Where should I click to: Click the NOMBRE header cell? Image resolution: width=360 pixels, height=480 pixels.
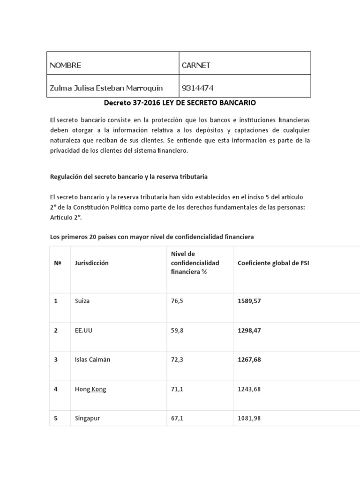66,65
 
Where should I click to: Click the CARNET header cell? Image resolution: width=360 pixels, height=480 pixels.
196,65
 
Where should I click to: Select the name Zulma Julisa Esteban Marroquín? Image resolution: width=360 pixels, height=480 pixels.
106,88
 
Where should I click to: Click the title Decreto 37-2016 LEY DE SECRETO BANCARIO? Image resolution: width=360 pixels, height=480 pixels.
180,102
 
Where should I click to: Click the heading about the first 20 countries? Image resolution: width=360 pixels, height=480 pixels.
152,237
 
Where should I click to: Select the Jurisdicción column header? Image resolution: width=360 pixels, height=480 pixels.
91,263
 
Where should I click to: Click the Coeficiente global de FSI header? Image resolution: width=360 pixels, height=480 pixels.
273,263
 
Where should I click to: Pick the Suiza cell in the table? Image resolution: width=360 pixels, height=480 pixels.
82,300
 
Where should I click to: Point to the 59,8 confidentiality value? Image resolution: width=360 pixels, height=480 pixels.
178,330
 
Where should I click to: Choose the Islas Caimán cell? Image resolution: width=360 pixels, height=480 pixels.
92,360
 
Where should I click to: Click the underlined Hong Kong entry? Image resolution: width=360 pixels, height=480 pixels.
90,389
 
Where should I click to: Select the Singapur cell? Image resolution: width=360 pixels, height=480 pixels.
87,418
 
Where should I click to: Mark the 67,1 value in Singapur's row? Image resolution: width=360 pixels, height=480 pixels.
178,418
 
